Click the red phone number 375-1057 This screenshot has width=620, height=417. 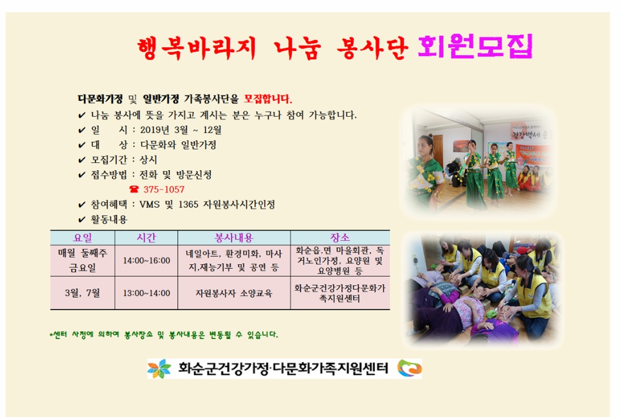(164, 190)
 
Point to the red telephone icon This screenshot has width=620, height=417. (134, 190)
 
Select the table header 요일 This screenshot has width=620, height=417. (82, 238)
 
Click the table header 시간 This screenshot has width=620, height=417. (146, 238)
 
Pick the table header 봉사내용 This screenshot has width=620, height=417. (233, 238)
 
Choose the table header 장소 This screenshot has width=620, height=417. (340, 238)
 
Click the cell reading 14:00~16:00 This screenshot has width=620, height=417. (146, 261)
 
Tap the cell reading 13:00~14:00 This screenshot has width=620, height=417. (146, 293)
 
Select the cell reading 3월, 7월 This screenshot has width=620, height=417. (82, 293)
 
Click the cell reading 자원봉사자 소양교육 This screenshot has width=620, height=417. (233, 293)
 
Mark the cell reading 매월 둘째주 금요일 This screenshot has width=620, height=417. (82, 261)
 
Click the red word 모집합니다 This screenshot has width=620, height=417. (267, 99)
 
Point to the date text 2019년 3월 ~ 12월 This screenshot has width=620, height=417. (181, 130)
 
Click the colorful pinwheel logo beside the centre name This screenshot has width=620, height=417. (159, 369)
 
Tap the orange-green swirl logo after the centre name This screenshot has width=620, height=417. (409, 369)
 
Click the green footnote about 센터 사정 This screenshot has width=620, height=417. (164, 335)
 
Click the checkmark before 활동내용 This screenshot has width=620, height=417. (81, 220)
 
